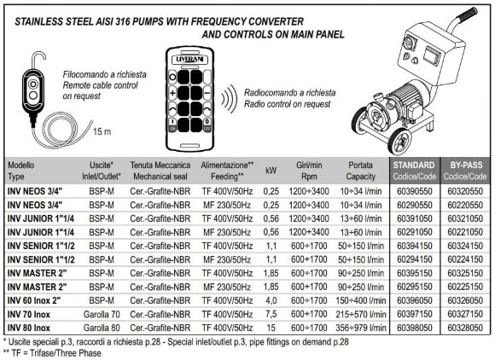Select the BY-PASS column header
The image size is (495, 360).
466,169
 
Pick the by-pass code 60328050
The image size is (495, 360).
466,325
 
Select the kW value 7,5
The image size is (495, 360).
274,312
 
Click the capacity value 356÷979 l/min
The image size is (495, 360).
359,325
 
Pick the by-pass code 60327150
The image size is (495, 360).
466,312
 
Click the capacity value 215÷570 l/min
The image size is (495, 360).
359,312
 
